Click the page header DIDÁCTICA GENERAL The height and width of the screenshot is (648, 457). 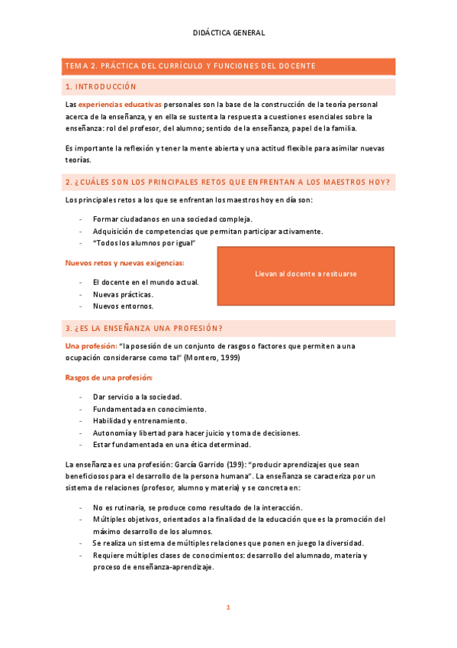pyautogui.click(x=228, y=33)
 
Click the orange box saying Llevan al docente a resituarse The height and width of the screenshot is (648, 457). pyautogui.click(x=306, y=274)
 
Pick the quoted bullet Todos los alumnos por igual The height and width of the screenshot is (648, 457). pyautogui.click(x=144, y=243)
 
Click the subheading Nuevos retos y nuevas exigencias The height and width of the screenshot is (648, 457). pyautogui.click(x=124, y=263)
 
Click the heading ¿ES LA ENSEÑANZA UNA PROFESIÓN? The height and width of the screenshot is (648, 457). pyautogui.click(x=144, y=328)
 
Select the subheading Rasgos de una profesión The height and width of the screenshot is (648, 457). pyautogui.click(x=109, y=377)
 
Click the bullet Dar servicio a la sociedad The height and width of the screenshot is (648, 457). pyautogui.click(x=137, y=397)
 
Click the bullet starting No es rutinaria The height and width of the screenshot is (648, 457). pyautogui.click(x=198, y=507)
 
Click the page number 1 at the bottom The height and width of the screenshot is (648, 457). pyautogui.click(x=227, y=607)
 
